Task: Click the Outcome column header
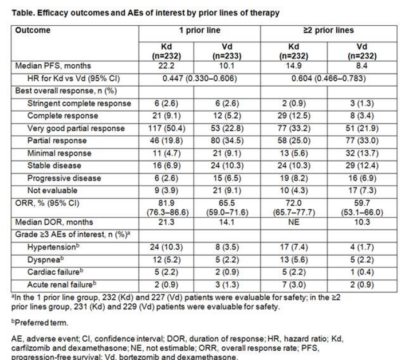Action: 36,30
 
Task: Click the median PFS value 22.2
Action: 168,66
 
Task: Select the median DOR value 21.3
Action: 168,224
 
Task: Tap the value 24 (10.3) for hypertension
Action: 168,248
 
